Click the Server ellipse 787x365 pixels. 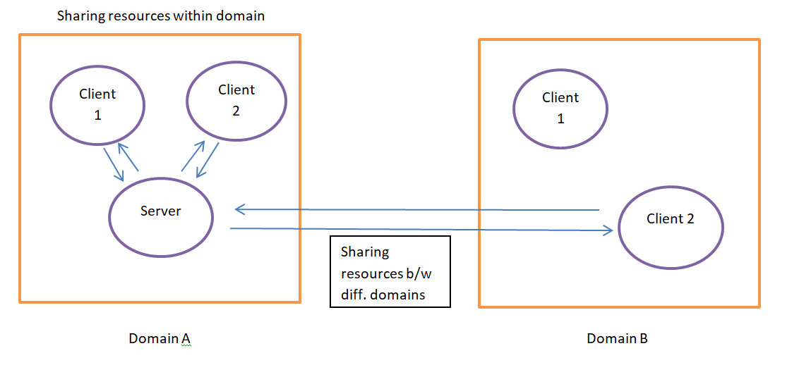pos(161,218)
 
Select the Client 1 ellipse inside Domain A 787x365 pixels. pos(97,104)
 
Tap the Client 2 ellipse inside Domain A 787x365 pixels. pos(236,100)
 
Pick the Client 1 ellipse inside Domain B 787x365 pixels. pos(560,108)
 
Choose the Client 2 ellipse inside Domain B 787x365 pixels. pos(670,227)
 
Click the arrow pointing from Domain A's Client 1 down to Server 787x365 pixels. pos(114,164)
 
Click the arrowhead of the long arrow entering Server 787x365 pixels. pos(240,209)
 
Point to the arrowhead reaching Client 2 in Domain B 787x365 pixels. pos(606,230)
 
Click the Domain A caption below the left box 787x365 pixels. pos(160,339)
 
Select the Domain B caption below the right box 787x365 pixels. pos(617,339)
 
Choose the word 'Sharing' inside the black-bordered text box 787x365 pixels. pos(364,252)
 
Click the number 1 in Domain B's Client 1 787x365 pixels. pos(560,119)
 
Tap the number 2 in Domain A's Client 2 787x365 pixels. pos(236,111)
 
